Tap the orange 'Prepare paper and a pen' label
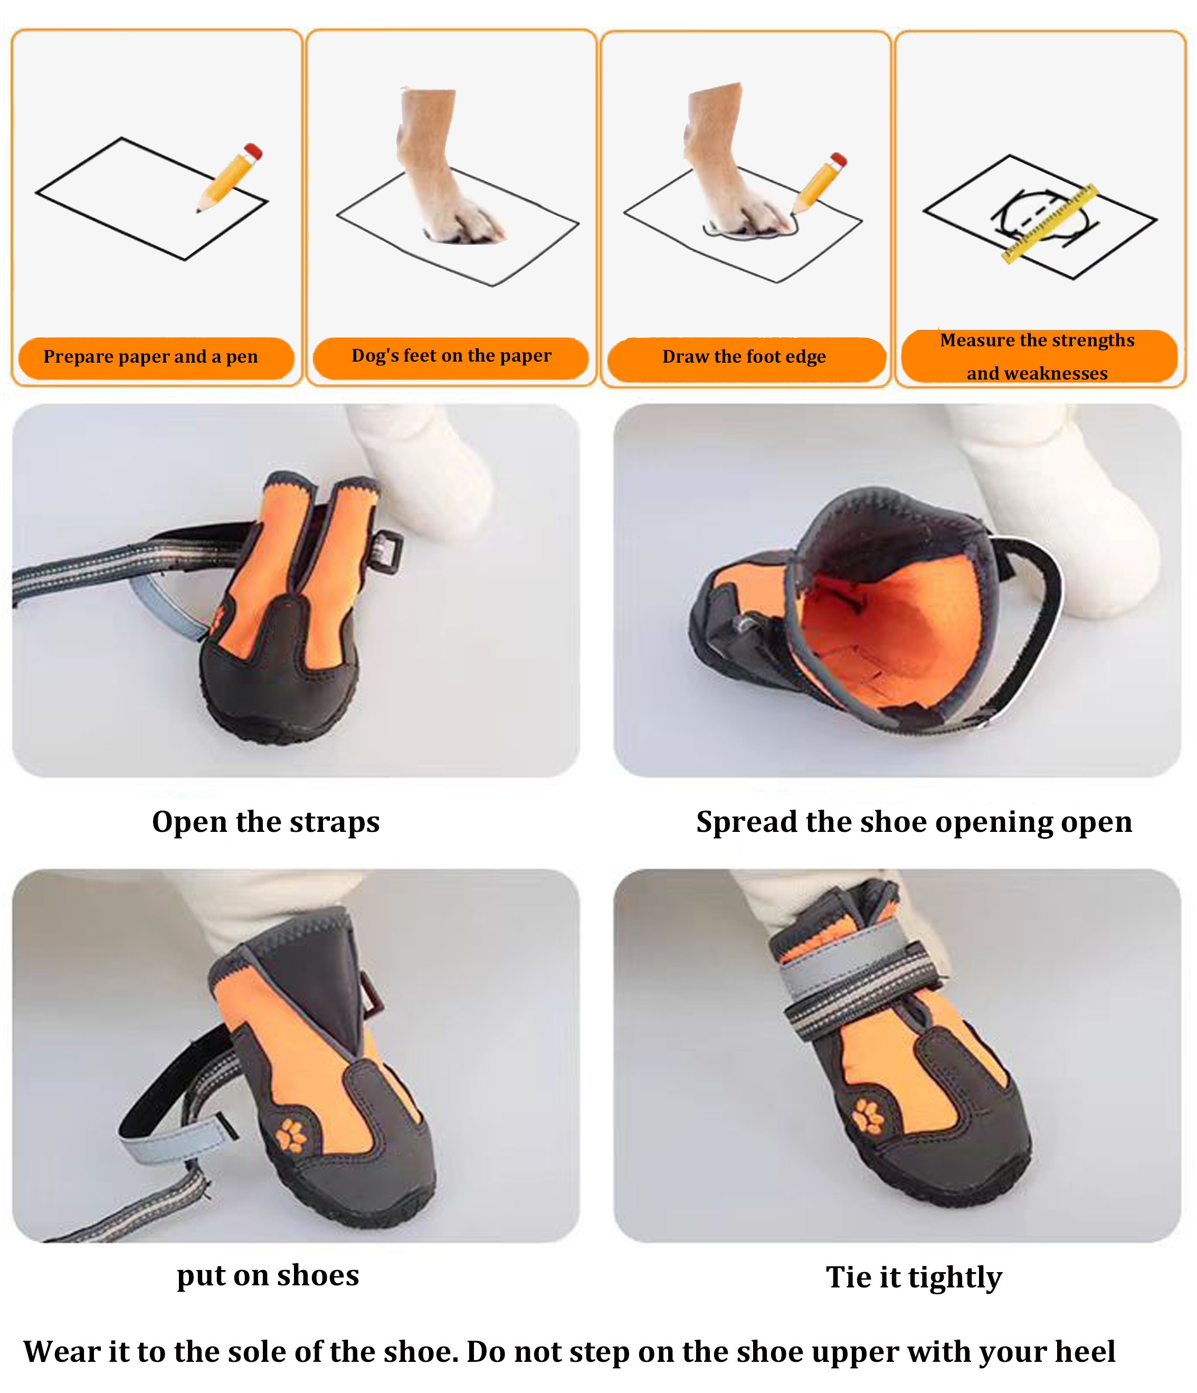(156, 358)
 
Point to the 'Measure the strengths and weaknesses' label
(1038, 356)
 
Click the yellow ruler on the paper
(1050, 223)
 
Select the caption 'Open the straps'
(266, 822)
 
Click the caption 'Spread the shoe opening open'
(914, 822)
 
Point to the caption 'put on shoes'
(268, 1275)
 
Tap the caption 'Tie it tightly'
(914, 1277)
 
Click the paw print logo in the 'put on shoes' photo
(291, 1135)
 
